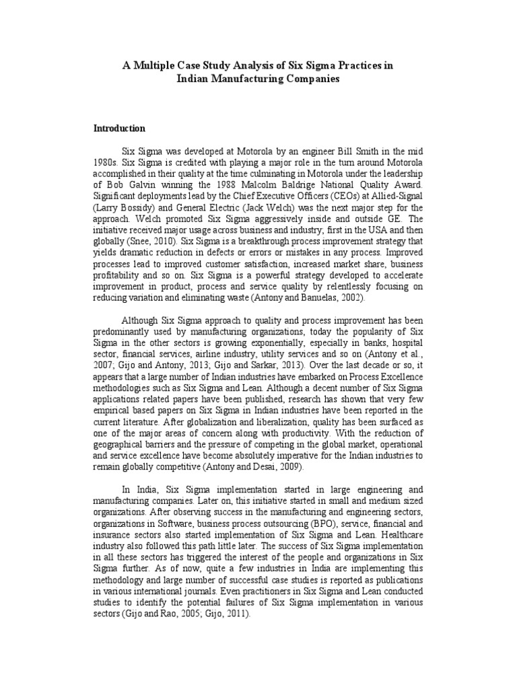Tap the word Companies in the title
pos(312,79)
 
